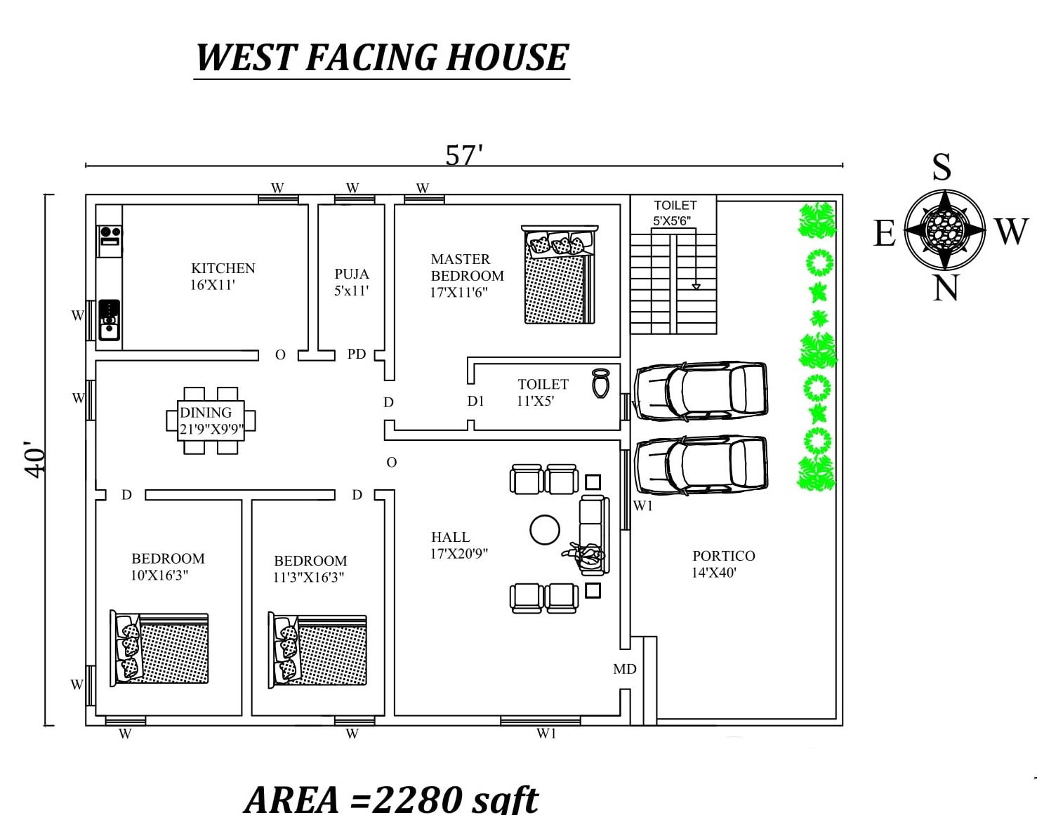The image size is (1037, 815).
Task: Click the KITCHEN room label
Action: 223,269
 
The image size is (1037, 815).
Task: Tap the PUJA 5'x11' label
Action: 351,282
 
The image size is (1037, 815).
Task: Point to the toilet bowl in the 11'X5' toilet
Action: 600,383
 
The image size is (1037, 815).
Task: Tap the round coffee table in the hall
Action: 545,530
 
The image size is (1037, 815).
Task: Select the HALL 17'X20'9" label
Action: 458,545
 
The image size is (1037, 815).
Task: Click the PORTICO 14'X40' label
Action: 723,564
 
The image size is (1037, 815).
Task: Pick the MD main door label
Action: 624,669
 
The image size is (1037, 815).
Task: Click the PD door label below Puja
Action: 357,355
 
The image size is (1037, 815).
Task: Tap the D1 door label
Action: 475,401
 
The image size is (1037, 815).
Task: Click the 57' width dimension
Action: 464,155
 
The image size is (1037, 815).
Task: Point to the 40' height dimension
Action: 37,460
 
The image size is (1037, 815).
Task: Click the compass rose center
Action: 945,229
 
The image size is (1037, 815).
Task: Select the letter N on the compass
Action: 945,288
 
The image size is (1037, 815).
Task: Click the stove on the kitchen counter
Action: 110,235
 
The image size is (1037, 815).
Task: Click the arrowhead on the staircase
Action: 696,286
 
